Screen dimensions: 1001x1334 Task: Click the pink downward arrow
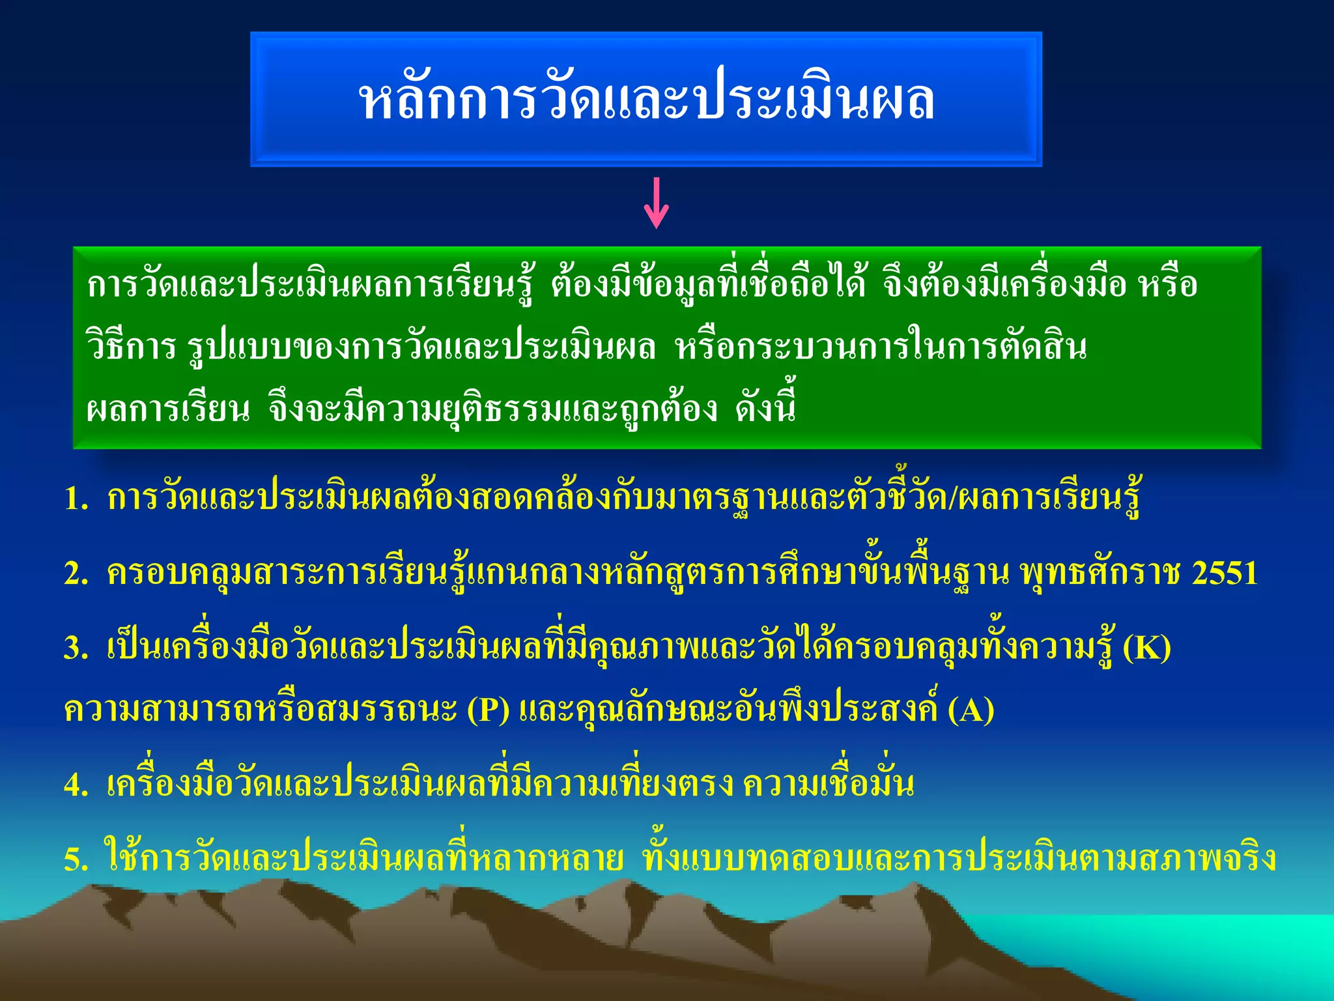656,203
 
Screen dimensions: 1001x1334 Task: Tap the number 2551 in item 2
1225,573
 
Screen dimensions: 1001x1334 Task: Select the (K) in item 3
1147,648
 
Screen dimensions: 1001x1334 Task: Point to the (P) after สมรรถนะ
488,710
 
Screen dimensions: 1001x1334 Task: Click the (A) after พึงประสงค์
971,710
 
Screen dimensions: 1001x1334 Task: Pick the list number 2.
76,574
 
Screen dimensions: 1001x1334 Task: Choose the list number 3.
76,648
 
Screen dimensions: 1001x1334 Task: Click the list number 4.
76,785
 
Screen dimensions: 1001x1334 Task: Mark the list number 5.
76,860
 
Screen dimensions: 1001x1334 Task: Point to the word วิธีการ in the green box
131,346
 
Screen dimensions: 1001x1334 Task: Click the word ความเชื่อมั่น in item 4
828,784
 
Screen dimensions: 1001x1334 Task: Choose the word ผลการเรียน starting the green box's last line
168,409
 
